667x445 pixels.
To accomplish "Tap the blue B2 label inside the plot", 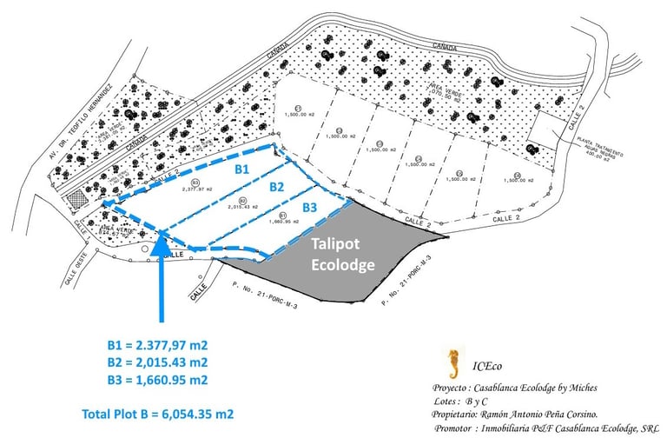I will pos(276,186).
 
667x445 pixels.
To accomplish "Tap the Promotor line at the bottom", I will pos(545,428).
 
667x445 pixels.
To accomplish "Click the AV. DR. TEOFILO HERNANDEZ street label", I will pos(79,121).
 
